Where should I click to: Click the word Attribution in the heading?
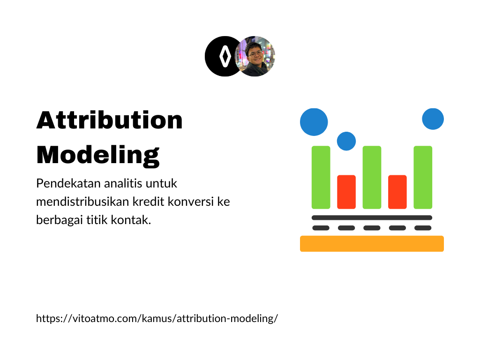tap(110, 120)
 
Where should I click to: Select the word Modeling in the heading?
tap(98, 156)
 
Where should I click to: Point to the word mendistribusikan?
tap(82, 202)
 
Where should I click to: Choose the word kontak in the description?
tap(130, 220)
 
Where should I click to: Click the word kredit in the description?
tap(149, 202)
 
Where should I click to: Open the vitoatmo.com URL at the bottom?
tap(157, 318)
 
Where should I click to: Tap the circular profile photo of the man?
tap(255, 56)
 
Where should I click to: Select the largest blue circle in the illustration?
tap(314, 122)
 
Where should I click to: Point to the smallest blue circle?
tap(346, 141)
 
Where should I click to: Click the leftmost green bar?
tap(321, 178)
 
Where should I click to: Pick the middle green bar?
tap(372, 178)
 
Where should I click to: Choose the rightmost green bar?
tap(423, 178)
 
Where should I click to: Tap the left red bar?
tap(346, 192)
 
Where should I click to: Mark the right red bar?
tap(397, 192)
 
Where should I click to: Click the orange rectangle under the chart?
tap(372, 244)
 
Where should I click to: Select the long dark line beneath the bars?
tap(372, 217)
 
